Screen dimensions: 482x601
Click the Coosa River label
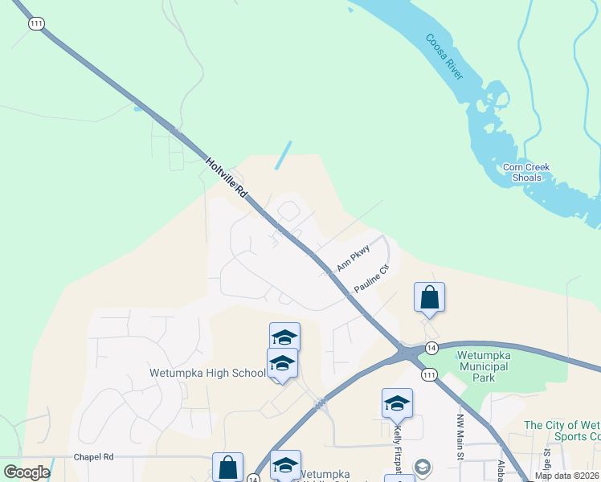pyautogui.click(x=444, y=56)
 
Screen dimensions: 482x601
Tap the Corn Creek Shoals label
pyautogui.click(x=526, y=172)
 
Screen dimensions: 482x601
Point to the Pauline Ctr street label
pyautogui.click(x=371, y=278)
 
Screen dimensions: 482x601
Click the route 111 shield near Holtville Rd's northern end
pyautogui.click(x=35, y=24)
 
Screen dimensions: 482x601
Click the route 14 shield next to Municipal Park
pyautogui.click(x=431, y=347)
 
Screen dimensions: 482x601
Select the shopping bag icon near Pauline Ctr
pyautogui.click(x=429, y=297)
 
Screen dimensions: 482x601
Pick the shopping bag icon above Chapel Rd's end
pyautogui.click(x=227, y=466)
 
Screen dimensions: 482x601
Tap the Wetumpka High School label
pyautogui.click(x=206, y=374)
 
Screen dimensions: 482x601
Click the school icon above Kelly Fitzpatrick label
pyautogui.click(x=397, y=403)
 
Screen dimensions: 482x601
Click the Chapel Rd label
pyautogui.click(x=94, y=456)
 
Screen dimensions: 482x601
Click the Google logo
pyautogui.click(x=27, y=472)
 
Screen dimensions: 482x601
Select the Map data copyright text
pyautogui.click(x=566, y=476)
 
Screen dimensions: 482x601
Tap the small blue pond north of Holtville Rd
pyautogui.click(x=283, y=155)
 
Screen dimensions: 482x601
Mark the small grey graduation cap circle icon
pyautogui.click(x=423, y=467)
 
